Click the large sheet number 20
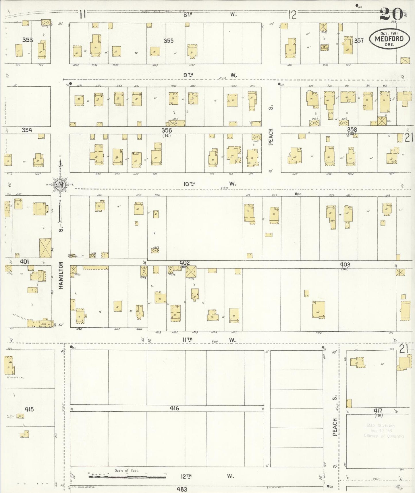pyautogui.click(x=391, y=14)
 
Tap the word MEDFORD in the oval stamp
pyautogui.click(x=389, y=39)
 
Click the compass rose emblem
pyautogui.click(x=60, y=184)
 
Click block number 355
pyautogui.click(x=169, y=41)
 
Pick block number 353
pyautogui.click(x=28, y=40)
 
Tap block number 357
pyautogui.click(x=359, y=41)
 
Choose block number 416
pyautogui.click(x=174, y=408)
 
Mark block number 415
pyautogui.click(x=29, y=409)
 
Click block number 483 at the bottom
pyautogui.click(x=182, y=489)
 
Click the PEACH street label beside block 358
pyautogui.click(x=271, y=137)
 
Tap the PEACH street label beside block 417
pyautogui.click(x=335, y=427)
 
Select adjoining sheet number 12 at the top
pyautogui.click(x=292, y=15)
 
